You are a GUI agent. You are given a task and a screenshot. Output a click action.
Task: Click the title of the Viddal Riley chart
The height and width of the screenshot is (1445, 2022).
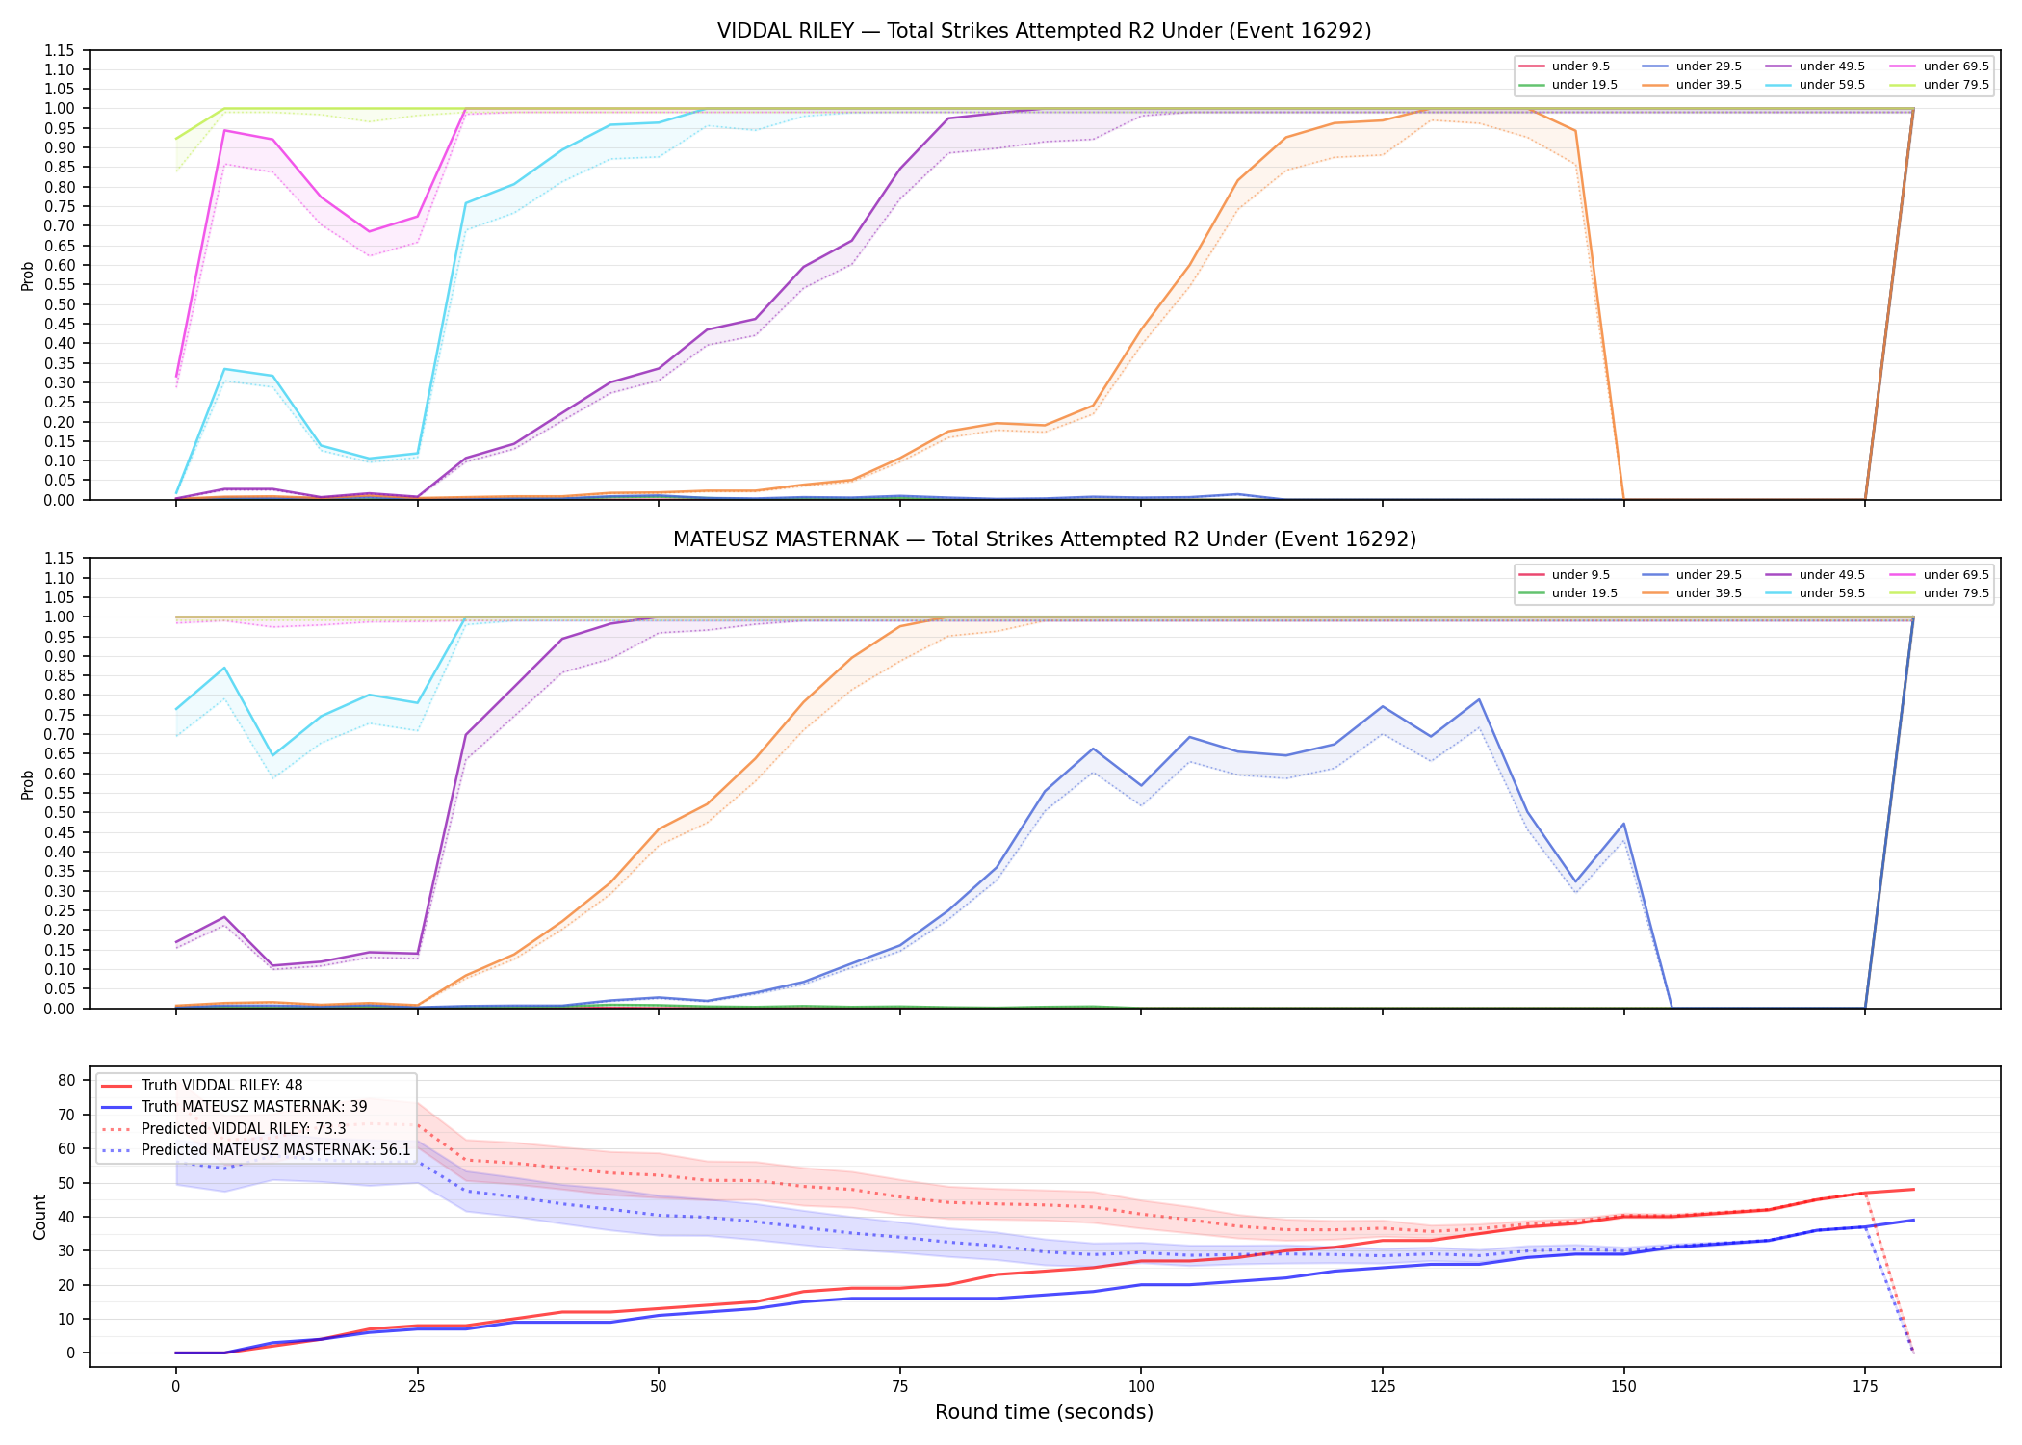[x=1044, y=31]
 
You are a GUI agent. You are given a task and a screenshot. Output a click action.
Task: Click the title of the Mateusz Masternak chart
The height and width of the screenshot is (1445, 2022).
[x=1044, y=539]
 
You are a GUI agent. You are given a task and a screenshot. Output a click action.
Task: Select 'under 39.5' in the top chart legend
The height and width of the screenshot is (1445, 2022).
[x=1708, y=85]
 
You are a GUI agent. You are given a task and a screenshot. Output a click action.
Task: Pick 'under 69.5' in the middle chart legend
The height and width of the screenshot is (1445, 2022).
[x=1956, y=575]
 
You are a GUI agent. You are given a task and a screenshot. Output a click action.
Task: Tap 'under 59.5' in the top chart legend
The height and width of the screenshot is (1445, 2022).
[x=1831, y=85]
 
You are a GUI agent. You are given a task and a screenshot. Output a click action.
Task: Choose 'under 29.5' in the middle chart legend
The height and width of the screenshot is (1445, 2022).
[x=1708, y=575]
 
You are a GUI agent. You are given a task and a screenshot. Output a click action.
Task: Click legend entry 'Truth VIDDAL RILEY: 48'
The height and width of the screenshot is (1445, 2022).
[x=221, y=1086]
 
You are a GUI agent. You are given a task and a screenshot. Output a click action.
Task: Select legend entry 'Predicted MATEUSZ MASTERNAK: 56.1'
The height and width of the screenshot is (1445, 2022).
[x=275, y=1150]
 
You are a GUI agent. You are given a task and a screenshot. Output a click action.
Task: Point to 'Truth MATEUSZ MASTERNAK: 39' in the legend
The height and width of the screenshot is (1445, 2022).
[x=254, y=1107]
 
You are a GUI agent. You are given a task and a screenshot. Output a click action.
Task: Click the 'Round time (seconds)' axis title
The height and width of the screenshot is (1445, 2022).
[x=1044, y=1412]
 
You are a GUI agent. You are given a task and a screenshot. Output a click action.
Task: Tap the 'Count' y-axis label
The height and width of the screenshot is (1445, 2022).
[x=39, y=1217]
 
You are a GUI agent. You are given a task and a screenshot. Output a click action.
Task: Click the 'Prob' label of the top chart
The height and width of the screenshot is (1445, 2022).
[x=28, y=276]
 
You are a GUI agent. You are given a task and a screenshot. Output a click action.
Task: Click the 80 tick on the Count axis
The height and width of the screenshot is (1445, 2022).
[x=66, y=1081]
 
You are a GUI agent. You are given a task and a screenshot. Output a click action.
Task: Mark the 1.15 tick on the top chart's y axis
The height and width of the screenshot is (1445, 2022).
[x=60, y=50]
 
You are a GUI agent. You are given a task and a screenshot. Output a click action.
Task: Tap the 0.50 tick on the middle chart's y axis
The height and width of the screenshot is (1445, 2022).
[x=60, y=812]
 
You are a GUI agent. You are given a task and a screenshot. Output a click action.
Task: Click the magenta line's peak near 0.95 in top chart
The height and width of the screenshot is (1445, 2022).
[x=224, y=130]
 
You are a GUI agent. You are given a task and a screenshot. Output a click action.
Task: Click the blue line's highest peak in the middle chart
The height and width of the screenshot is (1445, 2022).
[x=1479, y=699]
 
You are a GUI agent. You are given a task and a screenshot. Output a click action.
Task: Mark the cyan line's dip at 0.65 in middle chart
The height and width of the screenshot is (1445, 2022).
[x=272, y=755]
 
